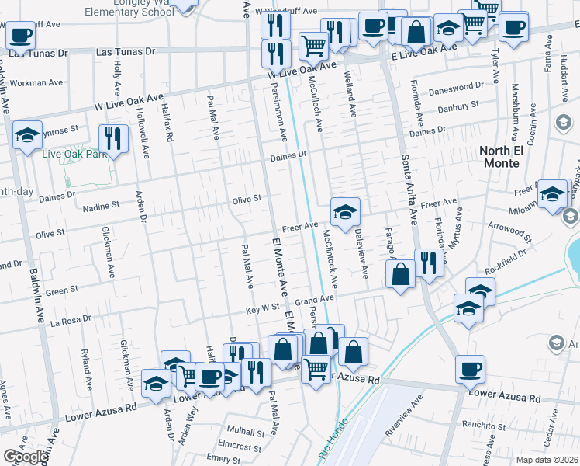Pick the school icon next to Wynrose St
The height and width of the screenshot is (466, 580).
[x=27, y=135]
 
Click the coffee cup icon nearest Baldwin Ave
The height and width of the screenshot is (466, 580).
[x=20, y=35]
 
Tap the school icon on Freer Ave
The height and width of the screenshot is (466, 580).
[x=345, y=210]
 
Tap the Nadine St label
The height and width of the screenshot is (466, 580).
[x=101, y=207]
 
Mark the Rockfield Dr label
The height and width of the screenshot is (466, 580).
[x=507, y=258]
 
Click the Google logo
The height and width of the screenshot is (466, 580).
[x=26, y=457]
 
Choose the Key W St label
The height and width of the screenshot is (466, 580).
[x=263, y=308]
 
